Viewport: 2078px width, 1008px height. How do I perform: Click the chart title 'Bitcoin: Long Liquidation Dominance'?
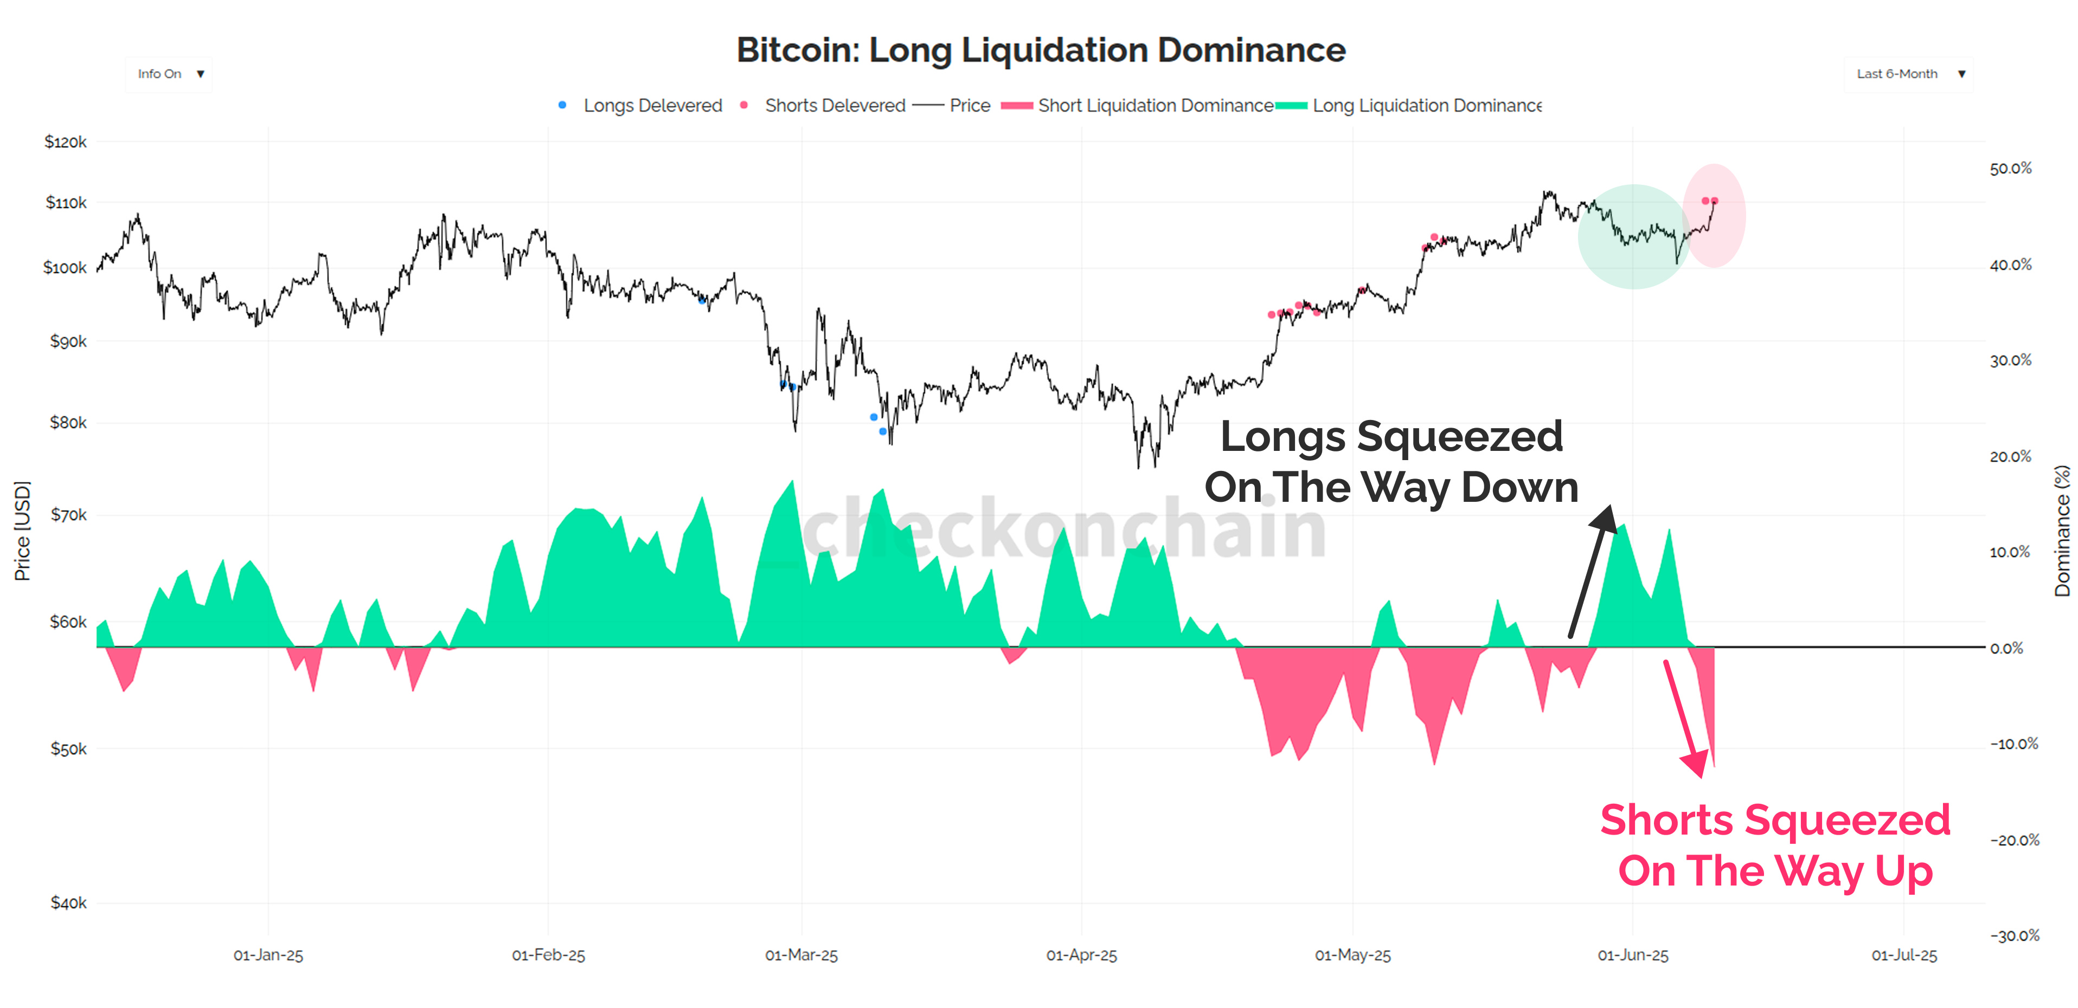1041,50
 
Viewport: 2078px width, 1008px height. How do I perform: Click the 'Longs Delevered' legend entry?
652,106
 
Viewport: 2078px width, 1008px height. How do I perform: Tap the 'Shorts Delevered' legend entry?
834,106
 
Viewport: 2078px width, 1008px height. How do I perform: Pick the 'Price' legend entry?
969,106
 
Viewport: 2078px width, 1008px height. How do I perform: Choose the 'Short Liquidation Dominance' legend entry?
1155,106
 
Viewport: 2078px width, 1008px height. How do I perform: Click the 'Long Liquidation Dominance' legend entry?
1426,106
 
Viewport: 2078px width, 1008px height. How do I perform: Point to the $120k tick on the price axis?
65,143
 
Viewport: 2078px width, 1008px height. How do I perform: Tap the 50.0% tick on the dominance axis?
2010,169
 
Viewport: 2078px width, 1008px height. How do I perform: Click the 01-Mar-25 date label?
801,955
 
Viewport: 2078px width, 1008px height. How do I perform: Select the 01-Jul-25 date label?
1904,955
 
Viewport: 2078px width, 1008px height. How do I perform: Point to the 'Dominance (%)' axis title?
2062,531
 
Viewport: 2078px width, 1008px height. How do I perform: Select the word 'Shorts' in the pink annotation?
1666,821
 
